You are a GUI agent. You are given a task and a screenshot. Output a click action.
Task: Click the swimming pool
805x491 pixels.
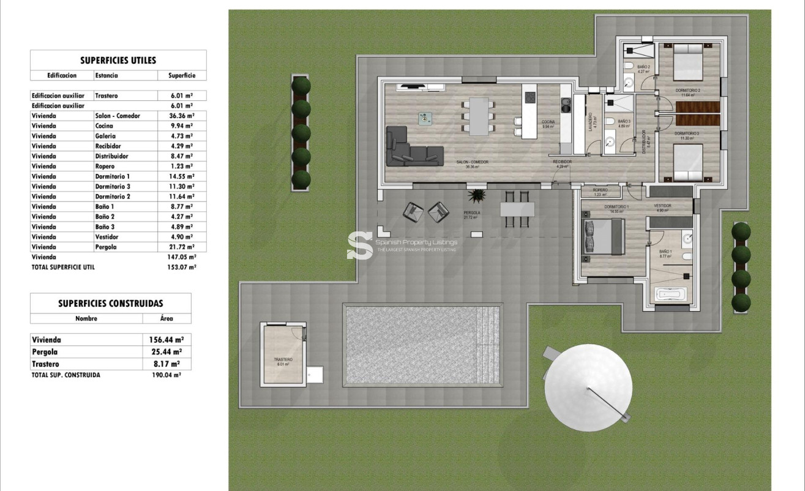tap(422, 346)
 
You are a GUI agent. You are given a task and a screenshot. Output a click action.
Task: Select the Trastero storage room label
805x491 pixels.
tap(283, 360)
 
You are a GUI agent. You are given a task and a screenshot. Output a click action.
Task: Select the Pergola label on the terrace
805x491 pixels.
tap(471, 213)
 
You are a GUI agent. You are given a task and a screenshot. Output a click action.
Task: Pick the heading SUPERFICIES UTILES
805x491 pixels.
tap(118, 60)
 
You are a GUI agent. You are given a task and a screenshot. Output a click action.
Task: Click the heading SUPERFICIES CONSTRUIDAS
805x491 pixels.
tap(111, 303)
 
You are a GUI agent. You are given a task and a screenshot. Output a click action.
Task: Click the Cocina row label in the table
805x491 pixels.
tap(104, 126)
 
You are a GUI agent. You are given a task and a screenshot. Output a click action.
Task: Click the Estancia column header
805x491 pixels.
tap(107, 76)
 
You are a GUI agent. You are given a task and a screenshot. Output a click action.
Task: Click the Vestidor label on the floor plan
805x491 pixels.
tap(662, 206)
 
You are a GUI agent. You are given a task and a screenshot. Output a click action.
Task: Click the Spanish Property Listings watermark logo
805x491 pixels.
tap(360, 245)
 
